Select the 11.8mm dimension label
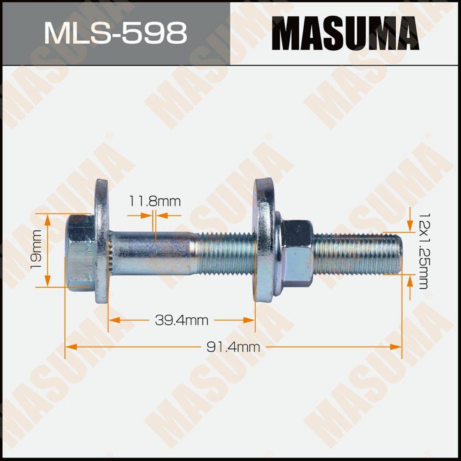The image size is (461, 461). point(154,202)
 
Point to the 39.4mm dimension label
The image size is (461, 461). point(182,320)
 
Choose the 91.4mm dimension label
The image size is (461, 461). point(233,347)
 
